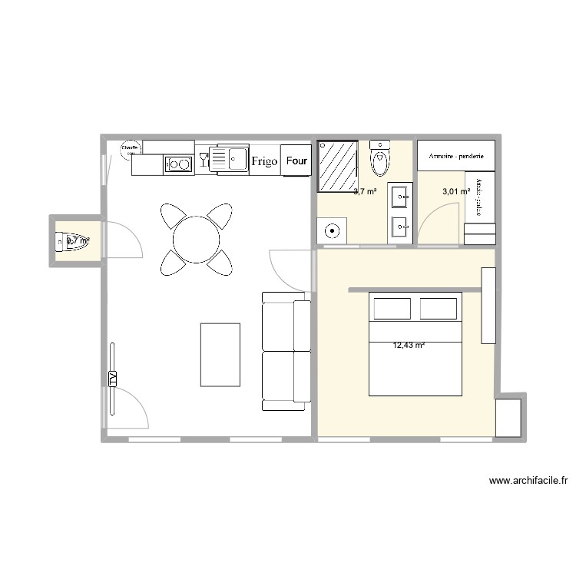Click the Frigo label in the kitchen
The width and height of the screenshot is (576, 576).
pos(264,161)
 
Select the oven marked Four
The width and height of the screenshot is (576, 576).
pos(296,161)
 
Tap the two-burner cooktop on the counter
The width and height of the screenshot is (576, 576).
pos(179,163)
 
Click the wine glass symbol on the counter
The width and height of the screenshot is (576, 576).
pos(204,159)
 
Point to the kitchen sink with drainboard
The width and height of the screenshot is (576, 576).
pos(229,159)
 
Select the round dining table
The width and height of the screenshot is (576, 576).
pos(197,240)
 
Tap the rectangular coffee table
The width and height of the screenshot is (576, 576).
pos(220,354)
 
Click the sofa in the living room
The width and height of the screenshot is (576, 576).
pos(286,350)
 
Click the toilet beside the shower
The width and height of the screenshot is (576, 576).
pos(379,160)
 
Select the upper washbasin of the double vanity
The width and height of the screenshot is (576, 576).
pos(400,197)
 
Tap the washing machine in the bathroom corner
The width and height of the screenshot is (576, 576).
pos(333,230)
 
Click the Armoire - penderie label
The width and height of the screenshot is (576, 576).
pos(456,156)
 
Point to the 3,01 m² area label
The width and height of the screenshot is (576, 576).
pos(455,192)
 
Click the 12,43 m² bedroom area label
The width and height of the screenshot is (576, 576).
pos(409,346)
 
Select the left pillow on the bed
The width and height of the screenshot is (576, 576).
pos(392,308)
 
